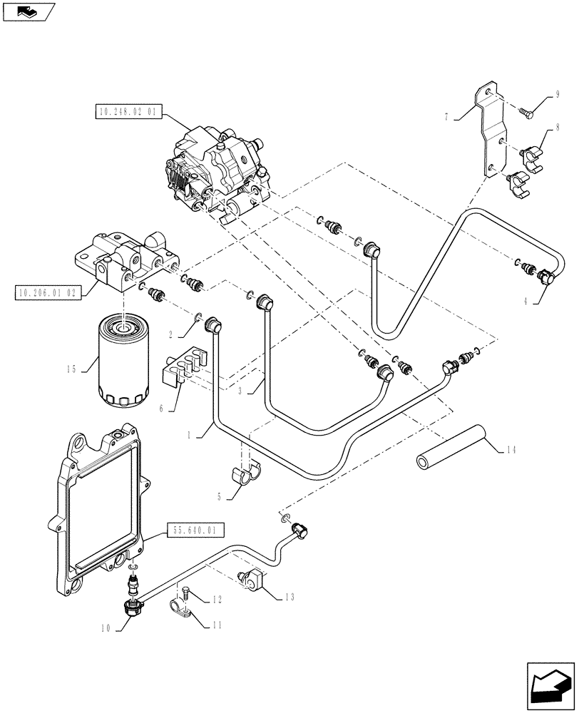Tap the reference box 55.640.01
pyautogui.click(x=197, y=530)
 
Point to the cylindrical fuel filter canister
pyautogui.click(x=124, y=365)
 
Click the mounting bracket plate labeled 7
pyautogui.click(x=492, y=132)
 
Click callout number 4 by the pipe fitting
pyautogui.click(x=526, y=301)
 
